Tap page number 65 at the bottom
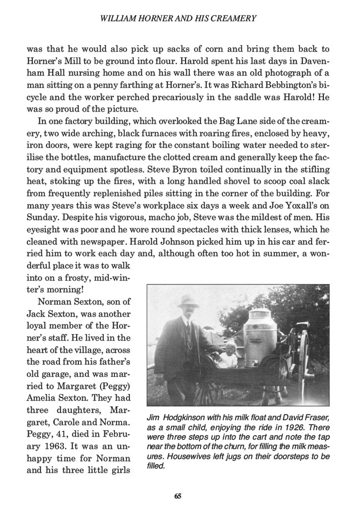pyautogui.click(x=178, y=496)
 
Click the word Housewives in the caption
pyautogui.click(x=174, y=456)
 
